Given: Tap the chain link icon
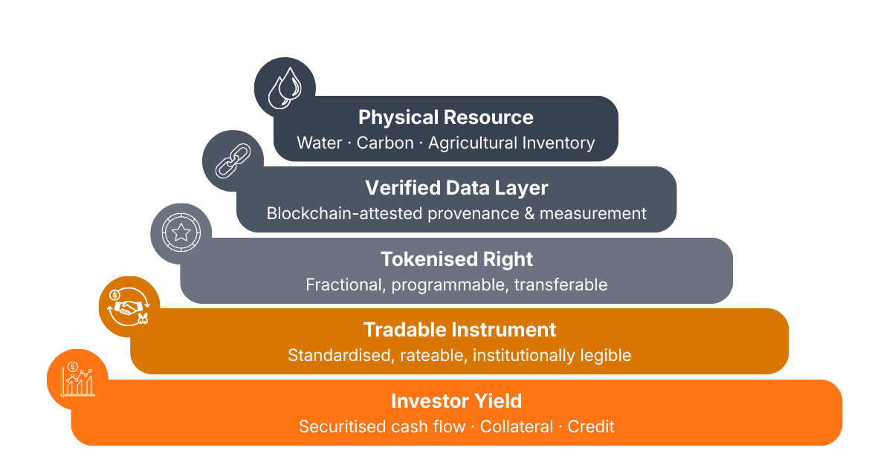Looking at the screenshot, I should [x=233, y=160].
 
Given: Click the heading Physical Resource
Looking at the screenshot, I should [x=446, y=117].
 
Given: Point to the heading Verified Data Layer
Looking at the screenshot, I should [x=456, y=188].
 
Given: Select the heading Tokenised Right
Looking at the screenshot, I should [x=456, y=259].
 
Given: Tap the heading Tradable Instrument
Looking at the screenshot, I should [x=459, y=330].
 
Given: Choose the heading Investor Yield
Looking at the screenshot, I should [x=456, y=401].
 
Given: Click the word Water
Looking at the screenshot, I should [x=319, y=143].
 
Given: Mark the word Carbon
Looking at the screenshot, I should [x=385, y=143].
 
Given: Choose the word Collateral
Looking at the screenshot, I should [x=517, y=426].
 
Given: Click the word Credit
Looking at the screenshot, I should [x=591, y=426].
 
